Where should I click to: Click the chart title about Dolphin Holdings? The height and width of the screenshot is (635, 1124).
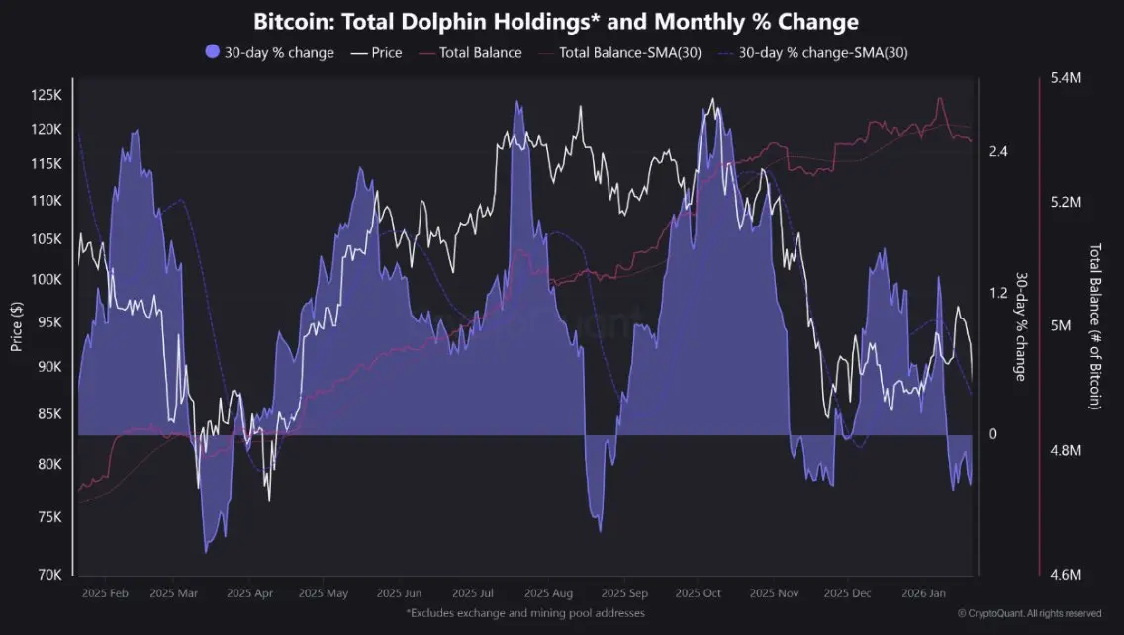coord(556,21)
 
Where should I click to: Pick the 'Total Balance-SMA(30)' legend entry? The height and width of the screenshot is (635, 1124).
coord(629,52)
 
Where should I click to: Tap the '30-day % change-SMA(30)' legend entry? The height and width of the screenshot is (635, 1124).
coord(823,52)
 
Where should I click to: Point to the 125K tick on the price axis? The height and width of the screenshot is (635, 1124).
coord(47,95)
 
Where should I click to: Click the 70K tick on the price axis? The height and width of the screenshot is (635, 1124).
coord(49,574)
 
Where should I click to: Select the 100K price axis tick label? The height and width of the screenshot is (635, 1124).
coord(47,280)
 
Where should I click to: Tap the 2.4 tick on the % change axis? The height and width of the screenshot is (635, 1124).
coord(997,151)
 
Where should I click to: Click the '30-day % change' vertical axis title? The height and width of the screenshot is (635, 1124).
coord(1020,325)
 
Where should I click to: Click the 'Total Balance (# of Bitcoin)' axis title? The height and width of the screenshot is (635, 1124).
coord(1095,325)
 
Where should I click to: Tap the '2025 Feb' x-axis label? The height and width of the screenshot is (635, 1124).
coord(106,594)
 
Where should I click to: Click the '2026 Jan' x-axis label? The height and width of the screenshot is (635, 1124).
coord(927,594)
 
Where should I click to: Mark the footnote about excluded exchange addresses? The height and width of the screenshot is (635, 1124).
coord(524,614)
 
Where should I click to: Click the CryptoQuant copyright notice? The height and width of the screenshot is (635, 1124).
coord(1029,614)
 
